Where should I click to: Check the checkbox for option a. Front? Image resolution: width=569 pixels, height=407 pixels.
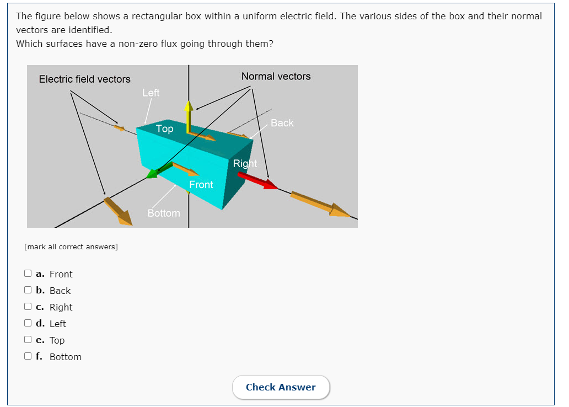tap(28, 274)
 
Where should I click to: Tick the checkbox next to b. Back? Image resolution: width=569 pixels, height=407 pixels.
tap(28, 290)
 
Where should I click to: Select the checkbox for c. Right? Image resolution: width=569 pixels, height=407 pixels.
tap(28, 307)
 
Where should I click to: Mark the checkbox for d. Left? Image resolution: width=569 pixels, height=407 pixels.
tap(28, 323)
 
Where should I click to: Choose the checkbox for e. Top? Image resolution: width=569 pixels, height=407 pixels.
tap(28, 340)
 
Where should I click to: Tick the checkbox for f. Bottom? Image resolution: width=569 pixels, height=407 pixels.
tap(28, 356)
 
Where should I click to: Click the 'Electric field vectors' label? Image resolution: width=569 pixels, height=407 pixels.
tap(85, 79)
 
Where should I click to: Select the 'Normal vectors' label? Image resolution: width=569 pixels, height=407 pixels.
tap(276, 77)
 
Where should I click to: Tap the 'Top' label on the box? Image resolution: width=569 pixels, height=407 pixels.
tap(164, 129)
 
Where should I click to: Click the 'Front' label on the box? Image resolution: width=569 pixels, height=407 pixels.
tap(201, 185)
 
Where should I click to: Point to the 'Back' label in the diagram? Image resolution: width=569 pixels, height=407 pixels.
tap(282, 123)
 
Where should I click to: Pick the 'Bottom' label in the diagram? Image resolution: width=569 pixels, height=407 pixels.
tap(164, 213)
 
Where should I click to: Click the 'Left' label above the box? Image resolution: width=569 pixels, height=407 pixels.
tap(151, 93)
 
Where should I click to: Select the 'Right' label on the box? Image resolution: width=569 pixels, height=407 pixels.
tap(245, 163)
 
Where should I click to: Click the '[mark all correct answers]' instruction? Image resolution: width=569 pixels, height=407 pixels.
tap(71, 247)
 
